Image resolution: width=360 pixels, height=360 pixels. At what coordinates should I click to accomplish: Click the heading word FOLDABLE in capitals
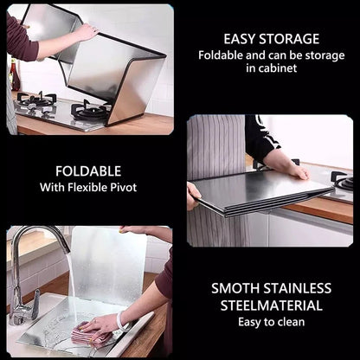pyautogui.click(x=88, y=171)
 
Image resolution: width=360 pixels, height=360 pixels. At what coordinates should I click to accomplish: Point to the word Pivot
pyautogui.click(x=124, y=187)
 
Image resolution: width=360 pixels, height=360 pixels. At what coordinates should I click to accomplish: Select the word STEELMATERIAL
pyautogui.click(x=272, y=305)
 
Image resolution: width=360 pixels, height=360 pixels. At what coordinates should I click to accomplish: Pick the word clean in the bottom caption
pyautogui.click(x=291, y=322)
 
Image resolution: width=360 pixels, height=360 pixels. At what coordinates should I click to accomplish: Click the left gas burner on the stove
pyautogui.click(x=35, y=100)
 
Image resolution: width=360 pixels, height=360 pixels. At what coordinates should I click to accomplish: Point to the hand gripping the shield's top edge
pyautogui.click(x=86, y=32)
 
